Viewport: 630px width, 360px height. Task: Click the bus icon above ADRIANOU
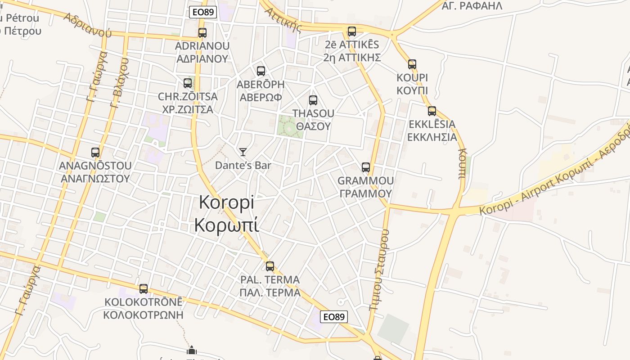tap(202, 33)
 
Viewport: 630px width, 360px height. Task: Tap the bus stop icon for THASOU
tap(313, 100)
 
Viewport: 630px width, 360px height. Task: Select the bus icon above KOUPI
tap(412, 64)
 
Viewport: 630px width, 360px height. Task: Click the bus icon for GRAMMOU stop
tap(366, 167)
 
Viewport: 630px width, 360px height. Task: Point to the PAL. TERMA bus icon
tap(270, 266)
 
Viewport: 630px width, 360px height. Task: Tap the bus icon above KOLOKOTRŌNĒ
tap(144, 289)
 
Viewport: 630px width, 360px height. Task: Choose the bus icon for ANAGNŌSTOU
tap(95, 153)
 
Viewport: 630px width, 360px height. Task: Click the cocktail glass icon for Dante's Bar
tap(243, 152)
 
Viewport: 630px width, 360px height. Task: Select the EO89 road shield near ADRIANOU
tap(203, 12)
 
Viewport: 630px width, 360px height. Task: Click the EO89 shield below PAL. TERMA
tap(334, 317)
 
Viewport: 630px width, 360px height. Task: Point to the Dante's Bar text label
tap(243, 165)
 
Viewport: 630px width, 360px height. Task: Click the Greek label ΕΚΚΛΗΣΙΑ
tap(432, 137)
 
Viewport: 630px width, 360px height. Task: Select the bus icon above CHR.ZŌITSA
tap(188, 83)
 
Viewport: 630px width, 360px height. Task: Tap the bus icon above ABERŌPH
tap(261, 71)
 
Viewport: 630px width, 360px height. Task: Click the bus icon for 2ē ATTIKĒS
tap(352, 31)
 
